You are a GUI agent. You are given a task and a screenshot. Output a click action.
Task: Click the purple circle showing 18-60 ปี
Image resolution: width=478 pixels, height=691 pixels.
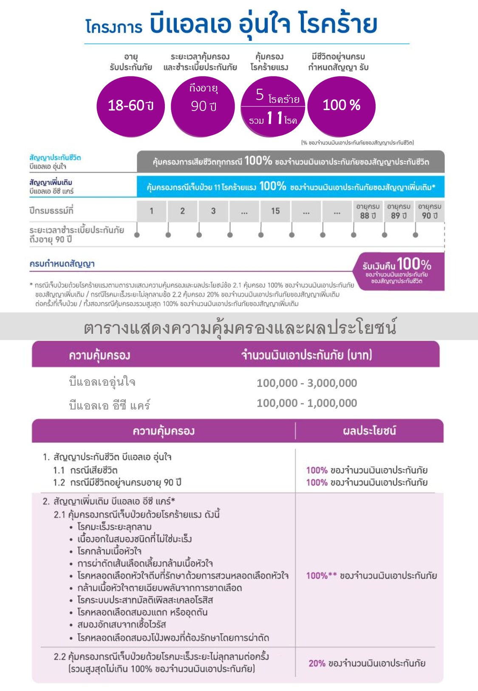130,105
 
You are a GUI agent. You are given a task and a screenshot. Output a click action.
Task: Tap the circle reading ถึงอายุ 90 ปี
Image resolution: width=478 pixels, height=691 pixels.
203,105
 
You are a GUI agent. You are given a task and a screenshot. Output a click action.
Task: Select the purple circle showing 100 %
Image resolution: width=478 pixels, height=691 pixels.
341,105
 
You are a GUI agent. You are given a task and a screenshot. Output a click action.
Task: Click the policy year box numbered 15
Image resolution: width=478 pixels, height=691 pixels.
275,211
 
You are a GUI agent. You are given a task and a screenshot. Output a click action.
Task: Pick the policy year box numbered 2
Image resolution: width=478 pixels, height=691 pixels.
182,211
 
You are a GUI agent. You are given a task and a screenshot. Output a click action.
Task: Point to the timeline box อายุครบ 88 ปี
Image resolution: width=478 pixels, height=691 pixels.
368,211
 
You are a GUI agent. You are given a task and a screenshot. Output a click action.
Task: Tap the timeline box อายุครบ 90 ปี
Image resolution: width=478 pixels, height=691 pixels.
430,211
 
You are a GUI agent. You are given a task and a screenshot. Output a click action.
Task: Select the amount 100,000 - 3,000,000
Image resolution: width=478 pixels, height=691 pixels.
307,383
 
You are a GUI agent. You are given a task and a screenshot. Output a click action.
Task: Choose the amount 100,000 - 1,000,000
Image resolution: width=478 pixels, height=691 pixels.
307,403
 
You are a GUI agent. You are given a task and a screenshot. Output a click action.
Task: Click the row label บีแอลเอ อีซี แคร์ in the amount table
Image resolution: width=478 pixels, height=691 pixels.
110,405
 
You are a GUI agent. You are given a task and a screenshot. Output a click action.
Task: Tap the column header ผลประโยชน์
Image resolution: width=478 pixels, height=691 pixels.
369,431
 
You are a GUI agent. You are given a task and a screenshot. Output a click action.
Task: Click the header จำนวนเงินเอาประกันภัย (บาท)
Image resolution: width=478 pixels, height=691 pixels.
306,355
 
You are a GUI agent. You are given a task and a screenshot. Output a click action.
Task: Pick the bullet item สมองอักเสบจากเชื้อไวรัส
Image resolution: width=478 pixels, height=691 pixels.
122,625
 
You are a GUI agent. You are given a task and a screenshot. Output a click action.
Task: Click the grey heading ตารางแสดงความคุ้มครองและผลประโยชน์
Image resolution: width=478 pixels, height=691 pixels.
240,328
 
